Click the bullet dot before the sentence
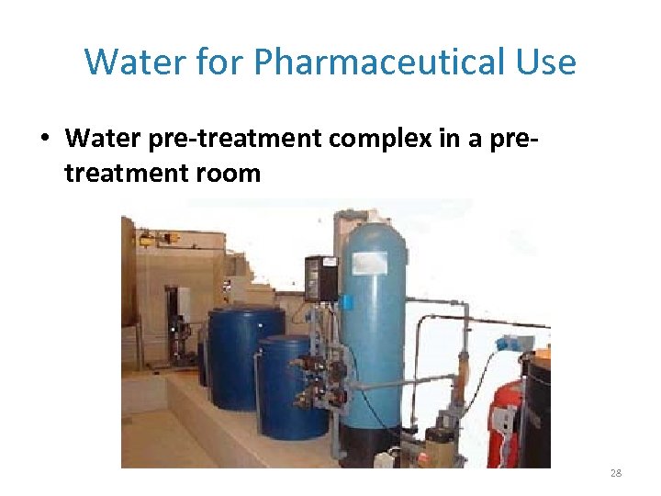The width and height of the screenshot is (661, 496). [x=45, y=140]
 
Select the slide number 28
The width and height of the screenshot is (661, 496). [x=615, y=473]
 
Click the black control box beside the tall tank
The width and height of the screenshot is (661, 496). [x=320, y=277]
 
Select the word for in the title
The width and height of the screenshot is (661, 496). [x=224, y=62]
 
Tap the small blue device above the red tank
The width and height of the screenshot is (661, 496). [x=510, y=344]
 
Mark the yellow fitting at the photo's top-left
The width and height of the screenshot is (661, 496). [x=146, y=240]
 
